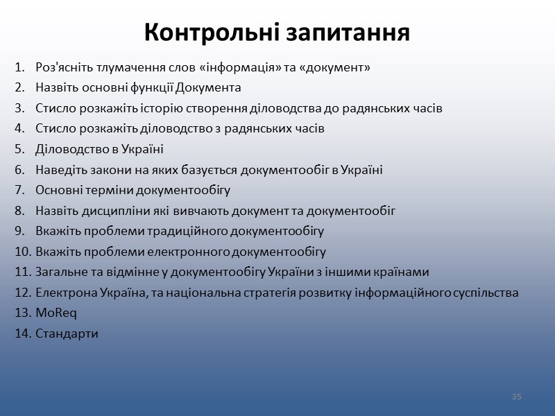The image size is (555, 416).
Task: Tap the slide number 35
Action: (516, 397)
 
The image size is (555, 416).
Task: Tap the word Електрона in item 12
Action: (60, 293)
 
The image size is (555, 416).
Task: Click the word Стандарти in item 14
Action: (67, 333)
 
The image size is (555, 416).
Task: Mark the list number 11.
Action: (19, 272)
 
